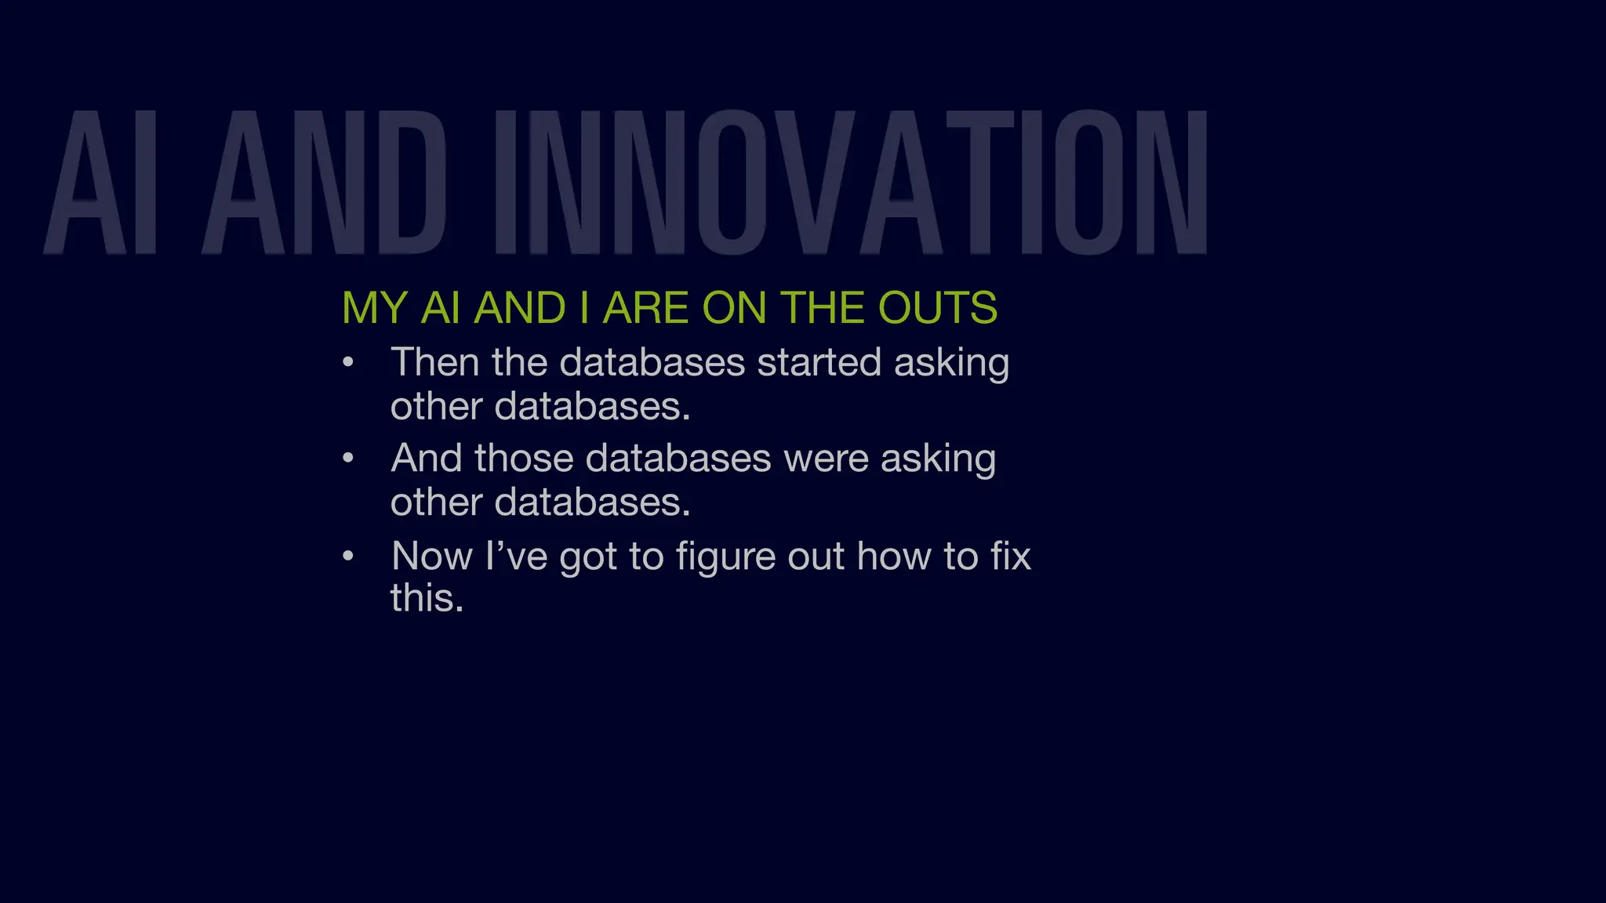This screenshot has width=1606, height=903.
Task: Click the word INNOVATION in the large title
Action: [851, 183]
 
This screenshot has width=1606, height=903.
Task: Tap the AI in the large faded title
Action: [102, 183]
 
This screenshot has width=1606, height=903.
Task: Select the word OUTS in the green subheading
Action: [937, 307]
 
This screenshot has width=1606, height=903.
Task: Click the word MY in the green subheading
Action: [375, 307]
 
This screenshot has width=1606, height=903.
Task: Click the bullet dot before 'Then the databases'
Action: [349, 363]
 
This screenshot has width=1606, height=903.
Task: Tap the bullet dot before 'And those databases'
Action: [349, 459]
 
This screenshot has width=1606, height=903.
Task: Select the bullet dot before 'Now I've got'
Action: [349, 557]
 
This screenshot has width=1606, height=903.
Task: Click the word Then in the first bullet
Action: [435, 363]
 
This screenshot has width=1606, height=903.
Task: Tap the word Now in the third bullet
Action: [432, 557]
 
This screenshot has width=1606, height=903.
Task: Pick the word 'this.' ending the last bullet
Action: [427, 598]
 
